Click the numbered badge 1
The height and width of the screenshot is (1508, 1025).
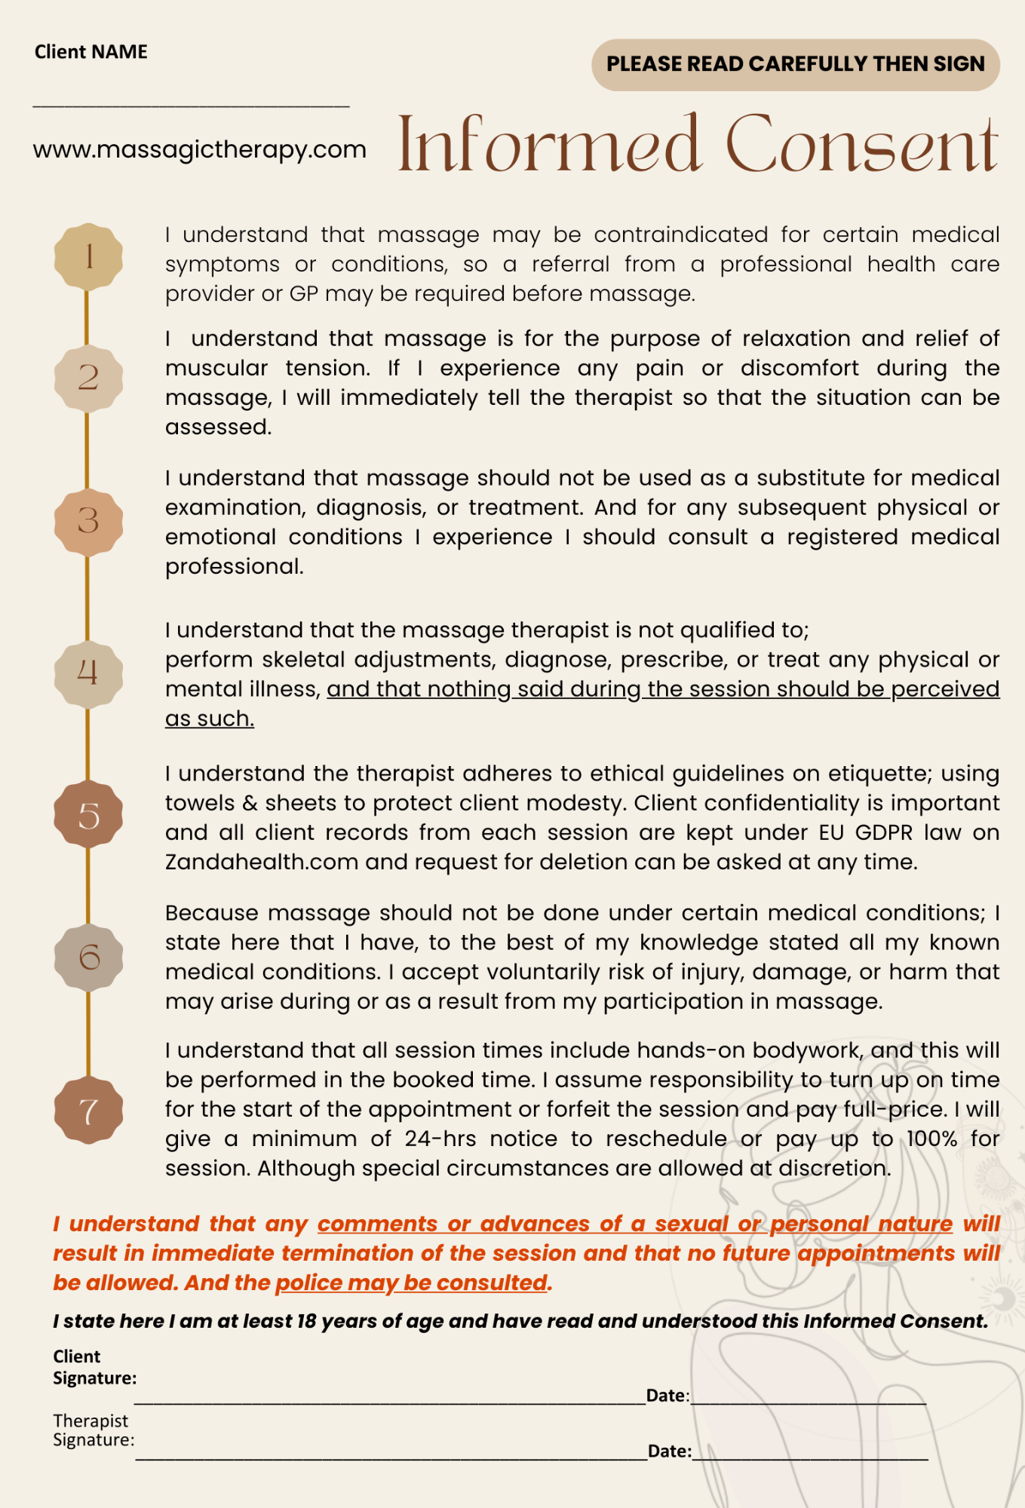88,256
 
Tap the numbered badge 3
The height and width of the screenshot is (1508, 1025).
88,521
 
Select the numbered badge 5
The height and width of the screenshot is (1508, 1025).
88,815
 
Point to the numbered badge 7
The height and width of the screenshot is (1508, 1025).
88,1111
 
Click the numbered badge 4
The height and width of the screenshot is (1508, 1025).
88,673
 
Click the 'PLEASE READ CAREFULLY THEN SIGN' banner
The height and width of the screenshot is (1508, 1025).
795,64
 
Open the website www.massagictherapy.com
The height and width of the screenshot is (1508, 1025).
199,149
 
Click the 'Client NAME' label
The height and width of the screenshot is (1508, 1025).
91,51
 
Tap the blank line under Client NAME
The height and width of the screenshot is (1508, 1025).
191,105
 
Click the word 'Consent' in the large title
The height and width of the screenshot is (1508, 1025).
862,145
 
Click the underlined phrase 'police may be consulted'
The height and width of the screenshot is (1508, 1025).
411,1283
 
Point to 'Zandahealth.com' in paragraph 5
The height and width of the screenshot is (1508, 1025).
262,862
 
